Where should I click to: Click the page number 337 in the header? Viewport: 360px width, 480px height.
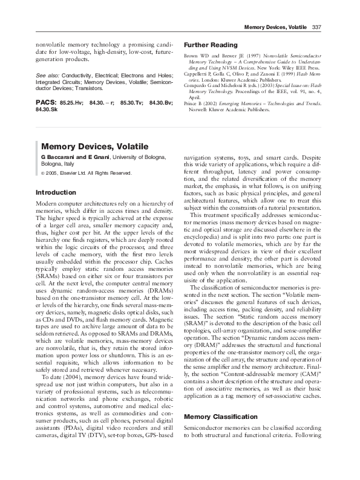coord(318,28)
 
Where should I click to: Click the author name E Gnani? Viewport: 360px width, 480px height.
coord(96,157)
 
